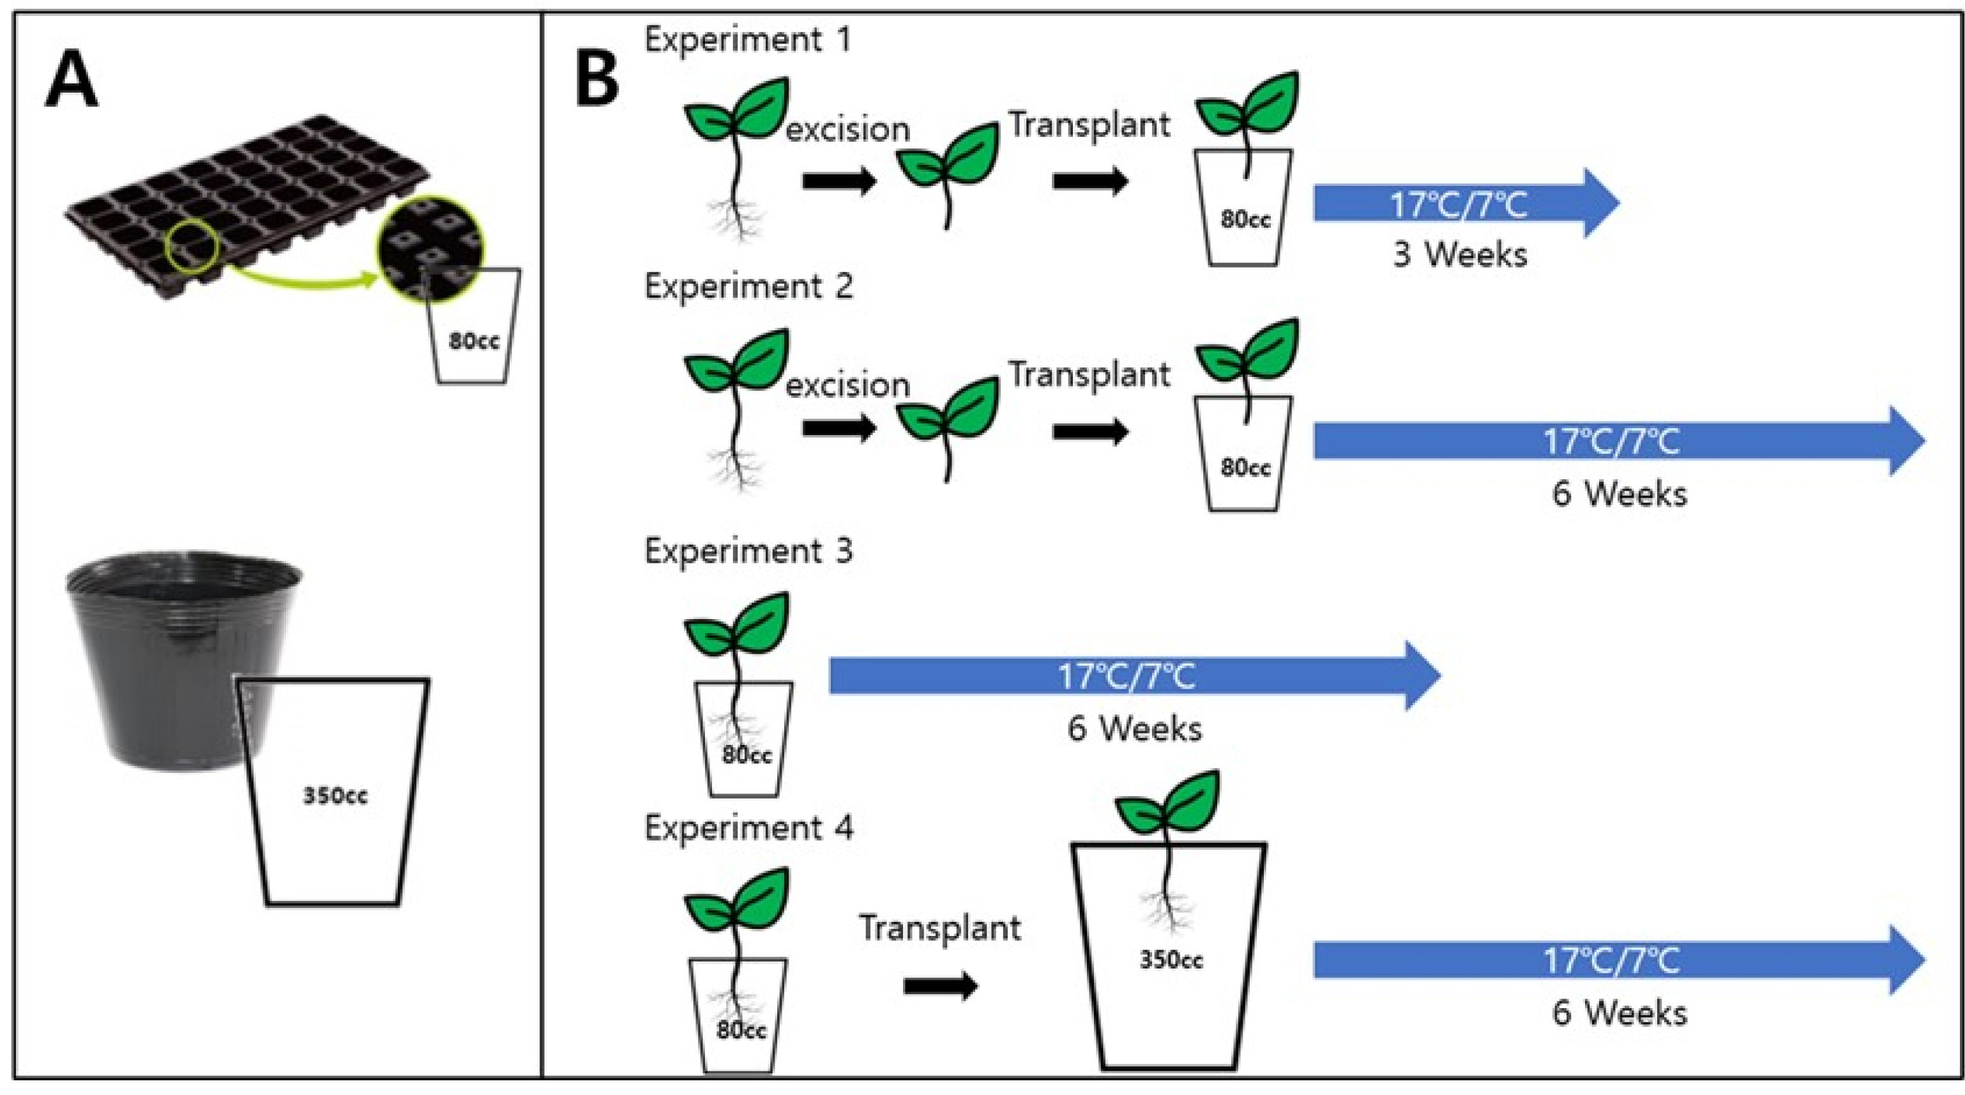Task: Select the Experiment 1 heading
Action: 748,39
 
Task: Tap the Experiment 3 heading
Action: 748,550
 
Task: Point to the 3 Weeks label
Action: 1460,254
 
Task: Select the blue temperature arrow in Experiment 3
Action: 1134,675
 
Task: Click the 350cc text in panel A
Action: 336,796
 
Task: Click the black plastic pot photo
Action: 183,660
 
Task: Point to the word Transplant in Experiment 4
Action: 940,928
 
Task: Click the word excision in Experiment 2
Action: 848,385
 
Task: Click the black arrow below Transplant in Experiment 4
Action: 941,986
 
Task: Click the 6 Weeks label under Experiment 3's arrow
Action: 1134,729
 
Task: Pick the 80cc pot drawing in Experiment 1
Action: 1244,208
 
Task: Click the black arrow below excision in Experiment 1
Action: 839,181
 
